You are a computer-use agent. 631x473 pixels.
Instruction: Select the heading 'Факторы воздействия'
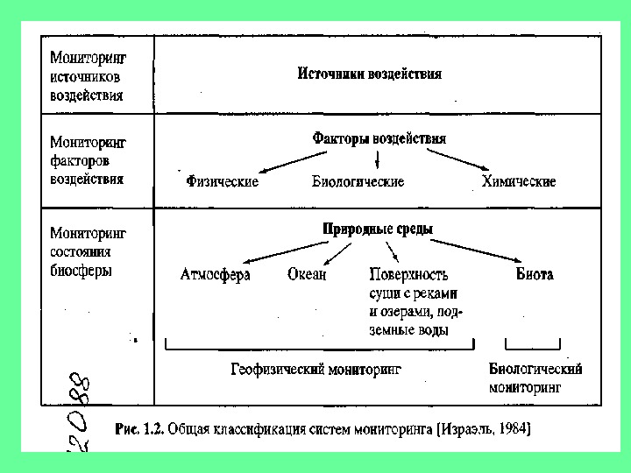(379, 138)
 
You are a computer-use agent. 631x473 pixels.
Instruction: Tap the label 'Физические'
(222, 181)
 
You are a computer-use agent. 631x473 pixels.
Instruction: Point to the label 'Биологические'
(358, 181)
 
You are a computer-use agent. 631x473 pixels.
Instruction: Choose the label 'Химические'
(518, 181)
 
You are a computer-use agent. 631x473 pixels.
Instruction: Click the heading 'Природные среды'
(378, 229)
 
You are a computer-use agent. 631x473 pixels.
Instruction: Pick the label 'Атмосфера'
(215, 274)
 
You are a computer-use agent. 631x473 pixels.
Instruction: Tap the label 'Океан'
(307, 274)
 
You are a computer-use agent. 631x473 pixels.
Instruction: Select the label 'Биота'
(534, 274)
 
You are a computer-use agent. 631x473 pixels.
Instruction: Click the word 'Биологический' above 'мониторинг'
(535, 369)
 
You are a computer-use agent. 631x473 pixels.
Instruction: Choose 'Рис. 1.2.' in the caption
(138, 429)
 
